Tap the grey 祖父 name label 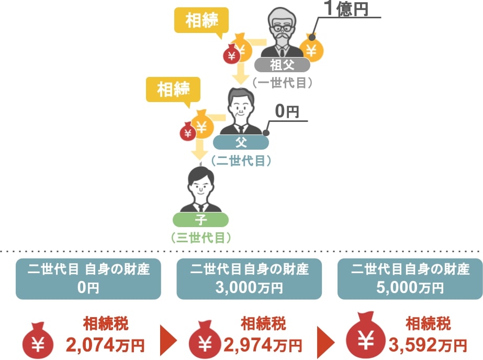click(x=282, y=65)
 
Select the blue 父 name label click(x=241, y=142)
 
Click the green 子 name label click(x=200, y=220)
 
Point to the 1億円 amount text click(x=346, y=8)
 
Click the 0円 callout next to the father click(x=287, y=111)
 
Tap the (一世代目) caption click(x=282, y=83)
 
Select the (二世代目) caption click(x=241, y=161)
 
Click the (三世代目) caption click(x=200, y=238)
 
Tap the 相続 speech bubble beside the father click(x=173, y=90)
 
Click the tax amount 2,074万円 click(x=105, y=345)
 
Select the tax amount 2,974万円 click(x=263, y=345)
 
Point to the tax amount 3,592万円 click(x=428, y=345)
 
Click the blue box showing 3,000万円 click(x=249, y=279)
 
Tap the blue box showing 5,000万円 click(x=410, y=279)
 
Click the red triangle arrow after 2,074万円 click(x=169, y=340)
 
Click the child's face click(x=200, y=187)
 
